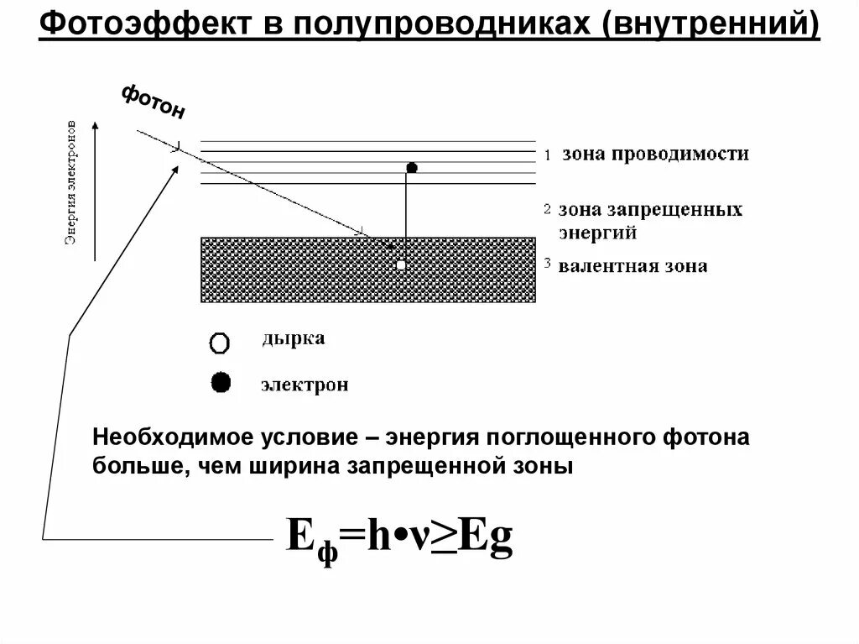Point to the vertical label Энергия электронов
73,189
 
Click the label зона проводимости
655,154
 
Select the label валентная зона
633,266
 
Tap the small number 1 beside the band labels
547,155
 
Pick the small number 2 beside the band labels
547,208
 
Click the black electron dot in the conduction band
412,168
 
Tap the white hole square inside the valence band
401,264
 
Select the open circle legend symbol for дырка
220,343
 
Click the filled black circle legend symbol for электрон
221,384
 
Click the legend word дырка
293,339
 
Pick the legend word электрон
304,385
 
